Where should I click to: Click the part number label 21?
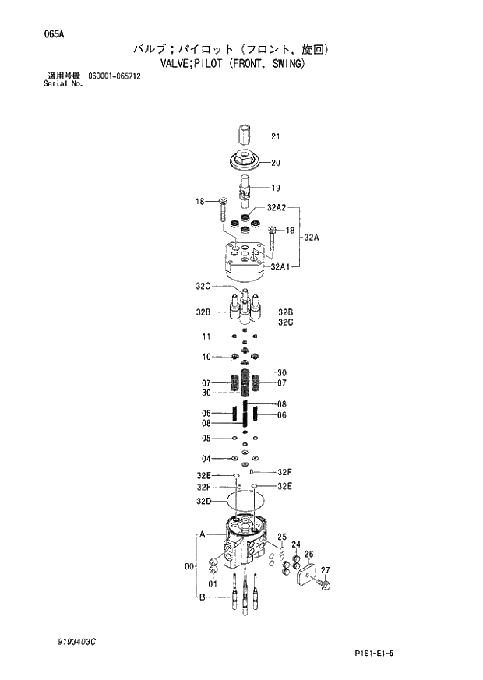[275, 137]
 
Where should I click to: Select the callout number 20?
[275, 163]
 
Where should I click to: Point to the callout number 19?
[275, 188]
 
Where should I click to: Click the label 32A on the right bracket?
[311, 237]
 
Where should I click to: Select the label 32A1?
[280, 266]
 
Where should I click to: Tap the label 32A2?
[277, 208]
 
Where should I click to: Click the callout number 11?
[206, 336]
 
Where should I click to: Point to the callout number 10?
[206, 357]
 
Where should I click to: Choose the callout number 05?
[206, 438]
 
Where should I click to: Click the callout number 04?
[206, 458]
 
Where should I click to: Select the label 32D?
[204, 501]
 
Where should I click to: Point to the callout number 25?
[282, 537]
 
